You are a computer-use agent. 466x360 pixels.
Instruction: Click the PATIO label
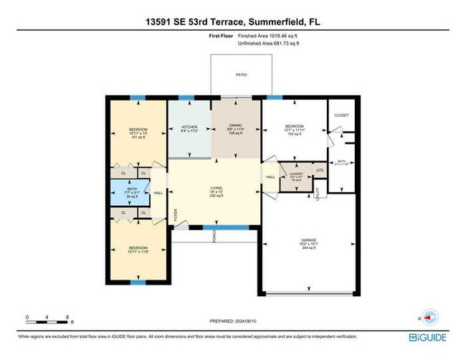(x=242, y=74)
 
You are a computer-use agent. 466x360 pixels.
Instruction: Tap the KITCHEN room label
(x=189, y=127)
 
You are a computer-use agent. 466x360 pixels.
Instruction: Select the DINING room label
(x=235, y=127)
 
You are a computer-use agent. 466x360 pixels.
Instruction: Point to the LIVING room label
(x=214, y=189)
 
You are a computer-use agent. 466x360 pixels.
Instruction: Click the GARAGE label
(x=309, y=240)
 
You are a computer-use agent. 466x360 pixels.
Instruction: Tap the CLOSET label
(x=341, y=115)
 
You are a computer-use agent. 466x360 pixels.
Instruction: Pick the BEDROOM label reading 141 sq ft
(x=138, y=131)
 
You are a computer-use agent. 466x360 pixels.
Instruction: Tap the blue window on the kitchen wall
(x=186, y=98)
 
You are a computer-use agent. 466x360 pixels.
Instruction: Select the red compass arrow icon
(x=429, y=317)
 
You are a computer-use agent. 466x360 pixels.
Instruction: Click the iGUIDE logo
(x=428, y=336)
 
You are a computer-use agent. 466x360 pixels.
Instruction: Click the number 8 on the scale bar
(x=67, y=316)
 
